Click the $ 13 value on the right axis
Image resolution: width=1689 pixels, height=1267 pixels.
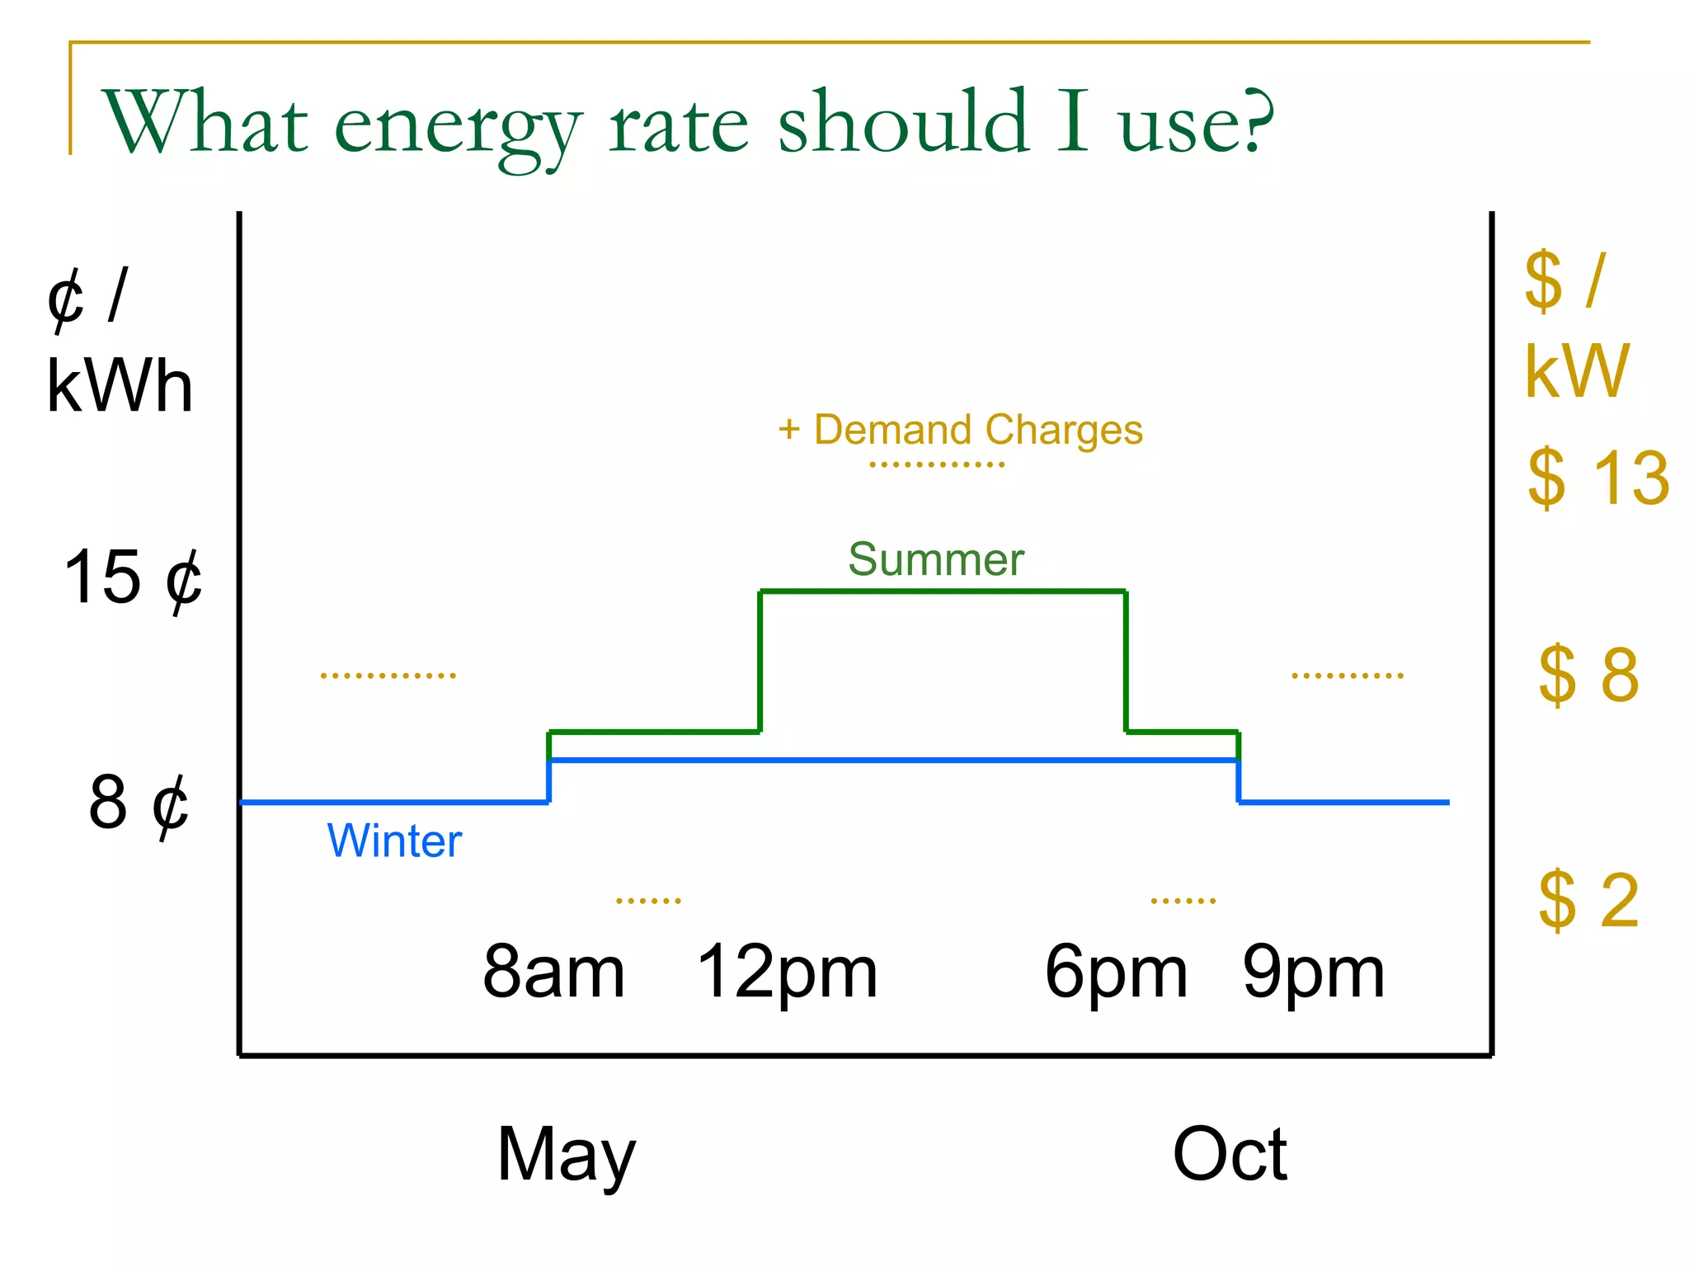pyautogui.click(x=1597, y=478)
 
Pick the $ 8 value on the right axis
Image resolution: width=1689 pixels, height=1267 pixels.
pyautogui.click(x=1588, y=675)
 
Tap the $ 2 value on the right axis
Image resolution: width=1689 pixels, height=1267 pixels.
pyautogui.click(x=1588, y=900)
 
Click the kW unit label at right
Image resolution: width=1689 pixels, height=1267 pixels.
pyautogui.click(x=1576, y=372)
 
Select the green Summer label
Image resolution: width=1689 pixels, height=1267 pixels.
pyautogui.click(x=936, y=560)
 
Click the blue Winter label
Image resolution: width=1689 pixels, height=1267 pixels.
pyautogui.click(x=394, y=841)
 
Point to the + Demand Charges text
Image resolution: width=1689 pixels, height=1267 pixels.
pyautogui.click(x=960, y=430)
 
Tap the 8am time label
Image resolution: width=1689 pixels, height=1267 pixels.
pyautogui.click(x=553, y=973)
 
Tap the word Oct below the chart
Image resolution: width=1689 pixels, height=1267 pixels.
pyautogui.click(x=1229, y=1154)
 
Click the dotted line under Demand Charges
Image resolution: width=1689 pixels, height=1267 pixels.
pyautogui.click(x=937, y=465)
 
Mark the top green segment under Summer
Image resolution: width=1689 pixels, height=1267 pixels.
pyautogui.click(x=943, y=591)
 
